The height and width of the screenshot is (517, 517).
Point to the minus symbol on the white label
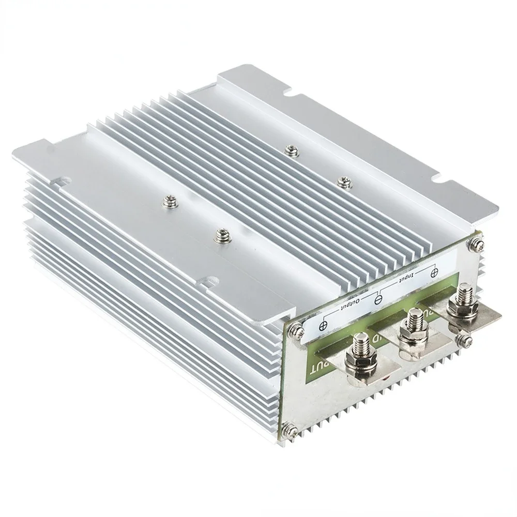tap(378, 299)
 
